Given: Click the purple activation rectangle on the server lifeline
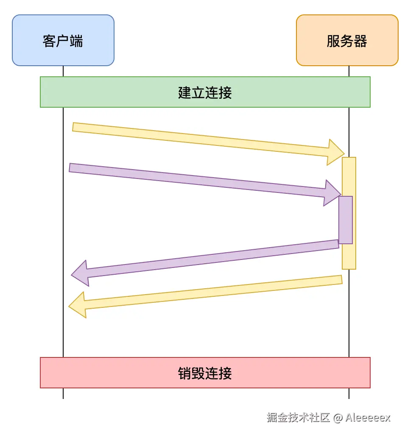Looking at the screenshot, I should (346, 220).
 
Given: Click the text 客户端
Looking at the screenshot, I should (63, 41).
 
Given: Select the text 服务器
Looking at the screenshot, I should (347, 41).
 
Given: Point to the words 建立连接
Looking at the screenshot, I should (205, 92).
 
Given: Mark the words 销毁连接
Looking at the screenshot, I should (205, 373).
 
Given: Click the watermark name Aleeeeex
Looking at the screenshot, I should (368, 417).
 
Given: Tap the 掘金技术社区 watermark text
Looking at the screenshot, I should (298, 417).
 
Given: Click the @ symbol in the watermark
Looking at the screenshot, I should (338, 418).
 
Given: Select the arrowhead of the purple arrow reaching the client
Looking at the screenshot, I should (80, 273).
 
